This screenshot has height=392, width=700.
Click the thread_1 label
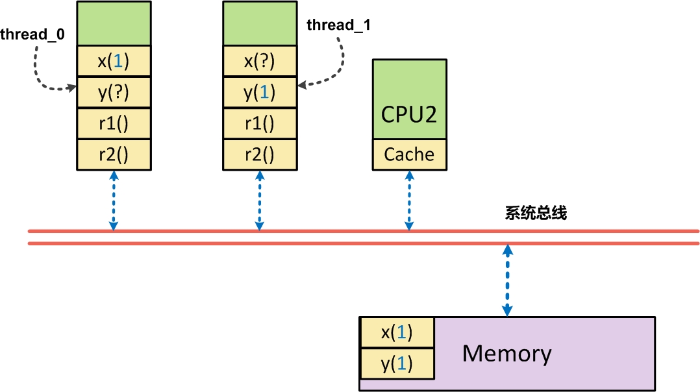[338, 25]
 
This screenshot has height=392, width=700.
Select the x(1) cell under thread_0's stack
[114, 62]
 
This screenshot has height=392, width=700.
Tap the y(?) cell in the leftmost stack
[114, 93]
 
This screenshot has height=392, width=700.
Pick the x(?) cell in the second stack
[259, 62]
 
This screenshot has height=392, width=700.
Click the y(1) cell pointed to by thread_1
[259, 93]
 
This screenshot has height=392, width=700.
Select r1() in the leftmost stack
[114, 124]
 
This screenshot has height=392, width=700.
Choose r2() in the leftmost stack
[114, 155]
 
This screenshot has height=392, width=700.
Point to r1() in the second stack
[259, 124]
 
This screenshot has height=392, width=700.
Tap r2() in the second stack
[259, 155]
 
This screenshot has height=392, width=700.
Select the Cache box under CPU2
[409, 155]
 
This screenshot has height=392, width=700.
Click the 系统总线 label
[536, 214]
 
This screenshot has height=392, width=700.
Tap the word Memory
[506, 354]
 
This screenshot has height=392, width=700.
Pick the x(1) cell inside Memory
[397, 332]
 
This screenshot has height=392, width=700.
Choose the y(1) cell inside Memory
[397, 363]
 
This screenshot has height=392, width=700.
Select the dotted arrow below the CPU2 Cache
[409, 201]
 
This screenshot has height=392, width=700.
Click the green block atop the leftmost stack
[114, 23]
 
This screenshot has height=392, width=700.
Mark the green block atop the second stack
[259, 23]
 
